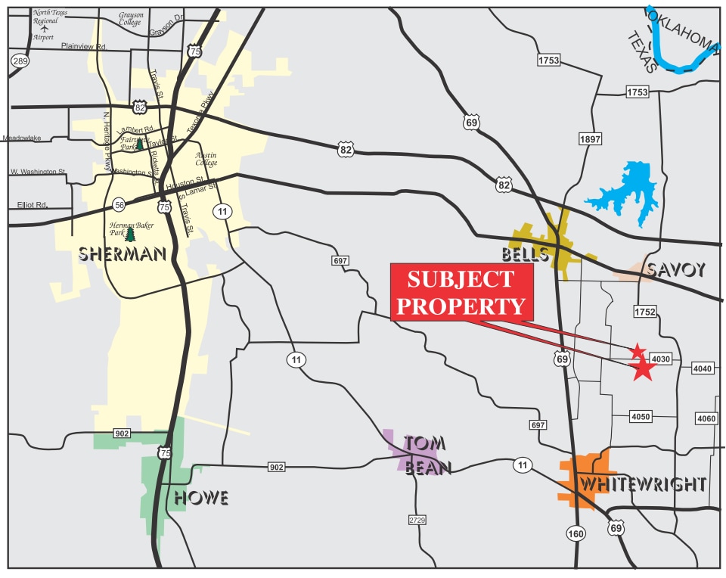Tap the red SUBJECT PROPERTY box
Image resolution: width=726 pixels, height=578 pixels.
[x=461, y=293]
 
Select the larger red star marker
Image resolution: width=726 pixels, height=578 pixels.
[x=643, y=368]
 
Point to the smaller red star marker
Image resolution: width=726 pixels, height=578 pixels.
[x=638, y=351]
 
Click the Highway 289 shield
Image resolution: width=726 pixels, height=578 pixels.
[x=19, y=61]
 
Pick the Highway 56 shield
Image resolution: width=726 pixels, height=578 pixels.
[x=119, y=205]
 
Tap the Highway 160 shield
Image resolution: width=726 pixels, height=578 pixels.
[x=575, y=534]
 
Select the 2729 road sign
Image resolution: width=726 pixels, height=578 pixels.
[x=417, y=521]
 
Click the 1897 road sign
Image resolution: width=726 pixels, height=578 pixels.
[x=590, y=139]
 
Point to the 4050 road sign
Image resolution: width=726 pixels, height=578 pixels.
[x=641, y=417]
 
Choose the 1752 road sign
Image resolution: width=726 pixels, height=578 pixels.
[x=644, y=312]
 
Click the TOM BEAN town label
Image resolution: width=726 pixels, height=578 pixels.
[x=427, y=455]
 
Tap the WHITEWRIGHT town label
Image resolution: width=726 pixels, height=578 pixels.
[x=642, y=484]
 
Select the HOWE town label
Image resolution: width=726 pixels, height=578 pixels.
[x=201, y=497]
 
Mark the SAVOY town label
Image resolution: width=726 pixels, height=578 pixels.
[x=677, y=269]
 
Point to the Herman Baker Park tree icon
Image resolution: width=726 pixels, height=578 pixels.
[x=129, y=235]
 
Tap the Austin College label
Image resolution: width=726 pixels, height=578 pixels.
[x=206, y=159]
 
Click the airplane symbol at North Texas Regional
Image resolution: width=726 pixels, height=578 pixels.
[x=44, y=29]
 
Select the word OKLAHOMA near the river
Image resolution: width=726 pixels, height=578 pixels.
[x=684, y=30]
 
